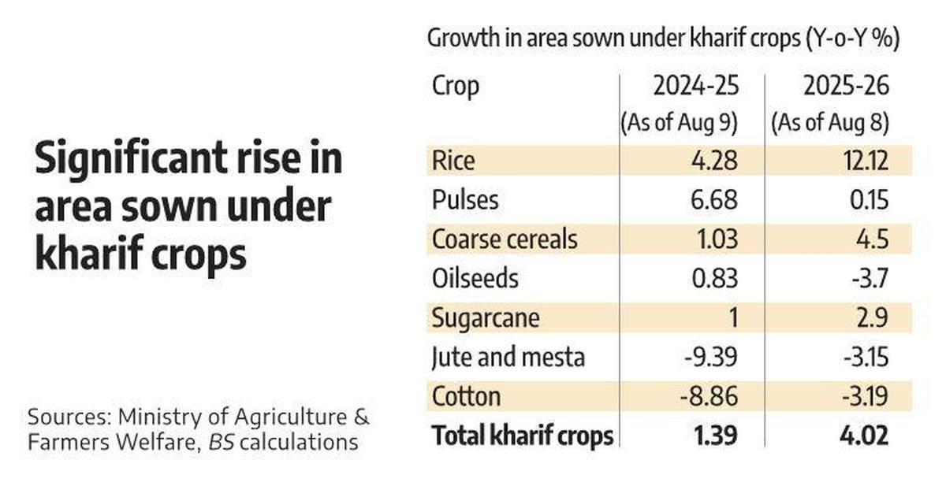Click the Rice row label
pos(453,161)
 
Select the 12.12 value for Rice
pos(862,161)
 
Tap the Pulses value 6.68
pos(712,200)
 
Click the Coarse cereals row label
pos(505,239)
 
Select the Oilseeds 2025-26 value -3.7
pos(868,279)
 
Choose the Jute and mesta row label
pos(508,358)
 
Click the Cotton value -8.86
pos(709,396)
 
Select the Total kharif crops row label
pos(523,436)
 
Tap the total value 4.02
pos(864,436)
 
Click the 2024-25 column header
pos(695,86)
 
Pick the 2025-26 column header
pos(846,86)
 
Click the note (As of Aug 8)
pos(830,124)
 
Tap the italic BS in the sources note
pos(220,442)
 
